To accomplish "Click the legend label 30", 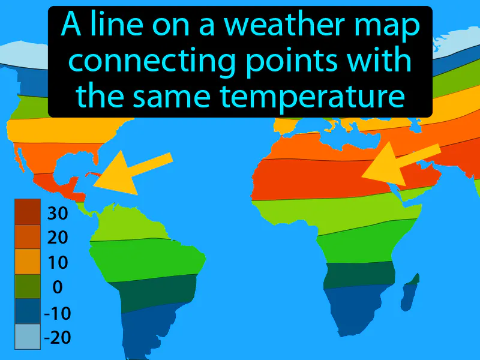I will coord(58,213).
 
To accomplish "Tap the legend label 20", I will coord(58,238).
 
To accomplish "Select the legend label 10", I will coord(58,263).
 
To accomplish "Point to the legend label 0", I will coord(58,287).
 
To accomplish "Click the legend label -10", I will coord(57,313).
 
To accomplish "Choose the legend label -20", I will coord(57,338).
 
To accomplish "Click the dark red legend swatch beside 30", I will coord(28,212).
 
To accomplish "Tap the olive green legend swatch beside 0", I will coord(28,287).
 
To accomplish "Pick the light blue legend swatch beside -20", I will coord(28,337).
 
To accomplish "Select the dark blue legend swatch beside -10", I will coord(28,312).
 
